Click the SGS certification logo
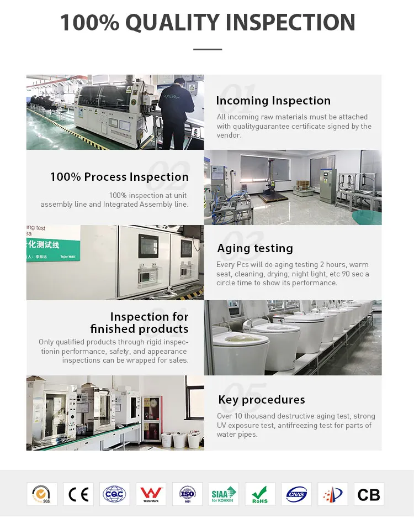coord(42,494)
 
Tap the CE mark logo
coord(78,494)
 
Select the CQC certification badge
coord(115,494)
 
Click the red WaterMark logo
coord(151,494)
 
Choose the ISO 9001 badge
coord(187,494)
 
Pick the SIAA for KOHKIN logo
coord(224,494)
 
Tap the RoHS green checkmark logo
coord(260,494)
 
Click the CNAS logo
coord(296,494)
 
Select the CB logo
coord(369,494)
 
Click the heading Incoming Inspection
coord(273,101)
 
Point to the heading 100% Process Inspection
coord(119,177)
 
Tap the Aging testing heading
coord(255,248)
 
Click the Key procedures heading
coord(261,400)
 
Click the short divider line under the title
coord(208,50)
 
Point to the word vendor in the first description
coord(229,135)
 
